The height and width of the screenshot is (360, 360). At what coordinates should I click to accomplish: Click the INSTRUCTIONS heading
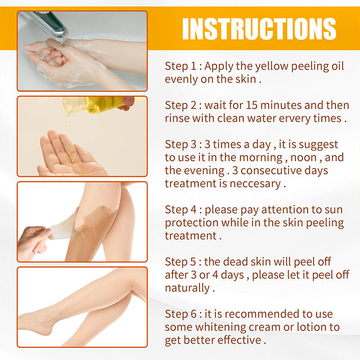(x=259, y=29)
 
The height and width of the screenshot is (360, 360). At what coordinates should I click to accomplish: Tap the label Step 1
(x=180, y=66)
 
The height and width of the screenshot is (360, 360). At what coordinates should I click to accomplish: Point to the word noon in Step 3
(x=303, y=157)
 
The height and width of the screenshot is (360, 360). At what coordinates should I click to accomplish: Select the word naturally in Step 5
(x=187, y=288)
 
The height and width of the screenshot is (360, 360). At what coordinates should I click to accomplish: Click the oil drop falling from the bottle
(x=68, y=123)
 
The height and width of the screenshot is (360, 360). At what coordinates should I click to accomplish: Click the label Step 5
(x=180, y=262)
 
